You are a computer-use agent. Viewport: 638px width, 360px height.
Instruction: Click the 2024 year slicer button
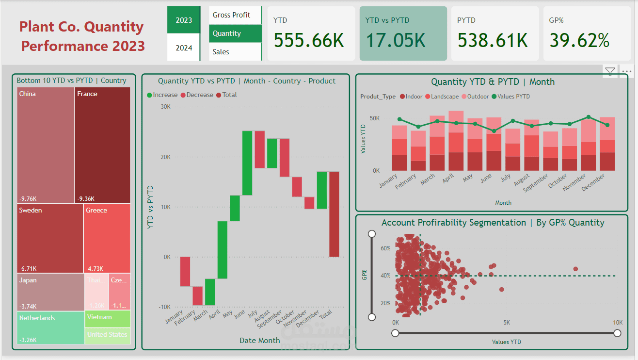pos(184,48)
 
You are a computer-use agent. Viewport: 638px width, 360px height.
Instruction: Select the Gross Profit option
pos(231,15)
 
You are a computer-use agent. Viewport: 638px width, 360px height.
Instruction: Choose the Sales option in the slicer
pos(221,52)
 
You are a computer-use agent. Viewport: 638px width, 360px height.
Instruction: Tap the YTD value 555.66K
pos(308,40)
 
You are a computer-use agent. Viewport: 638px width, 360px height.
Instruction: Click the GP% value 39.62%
pos(579,40)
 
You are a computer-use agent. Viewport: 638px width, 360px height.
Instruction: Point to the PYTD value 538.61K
pos(492,40)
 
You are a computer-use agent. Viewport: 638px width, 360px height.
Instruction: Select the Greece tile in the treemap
pos(107,238)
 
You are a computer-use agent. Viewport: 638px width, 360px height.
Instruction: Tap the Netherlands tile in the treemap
pos(50,328)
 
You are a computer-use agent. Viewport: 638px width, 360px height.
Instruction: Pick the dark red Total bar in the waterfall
pos(334,214)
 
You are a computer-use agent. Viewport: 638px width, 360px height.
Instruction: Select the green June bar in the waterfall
pos(247,163)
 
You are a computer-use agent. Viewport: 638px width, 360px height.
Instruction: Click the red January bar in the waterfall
pos(185,271)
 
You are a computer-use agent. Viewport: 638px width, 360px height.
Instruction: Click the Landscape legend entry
pos(442,97)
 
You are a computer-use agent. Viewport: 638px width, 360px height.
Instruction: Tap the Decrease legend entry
pos(199,95)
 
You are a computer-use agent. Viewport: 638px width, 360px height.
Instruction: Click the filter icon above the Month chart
pos(610,72)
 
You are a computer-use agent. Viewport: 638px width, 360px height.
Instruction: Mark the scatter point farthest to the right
pos(575,269)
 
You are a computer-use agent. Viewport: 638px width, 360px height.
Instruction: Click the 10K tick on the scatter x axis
pos(617,323)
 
